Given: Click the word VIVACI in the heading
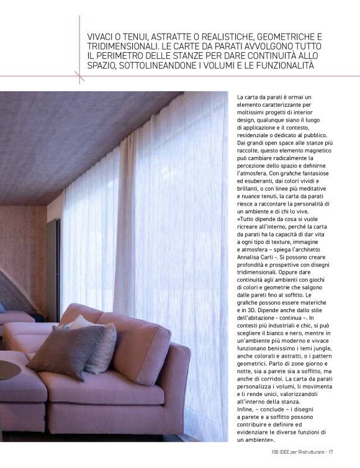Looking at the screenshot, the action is coord(101,38).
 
